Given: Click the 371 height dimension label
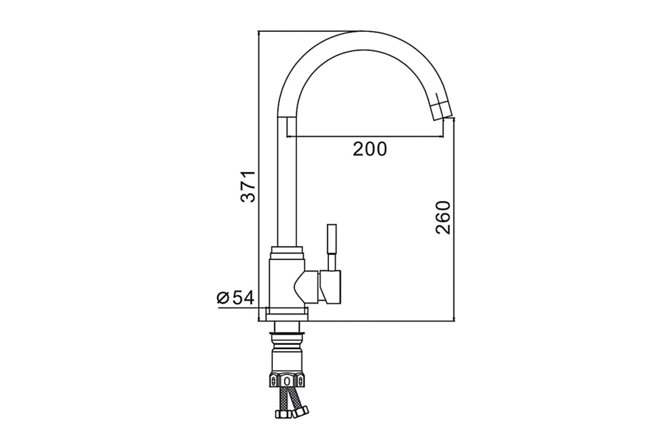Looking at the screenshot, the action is [x=248, y=186].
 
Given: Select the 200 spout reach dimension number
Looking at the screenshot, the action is [x=370, y=149].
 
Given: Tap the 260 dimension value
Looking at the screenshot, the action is [x=443, y=217].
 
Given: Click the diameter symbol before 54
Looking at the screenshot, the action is [x=223, y=298].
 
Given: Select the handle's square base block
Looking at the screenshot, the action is [x=330, y=287].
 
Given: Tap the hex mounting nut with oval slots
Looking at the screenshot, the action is [x=287, y=380].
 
